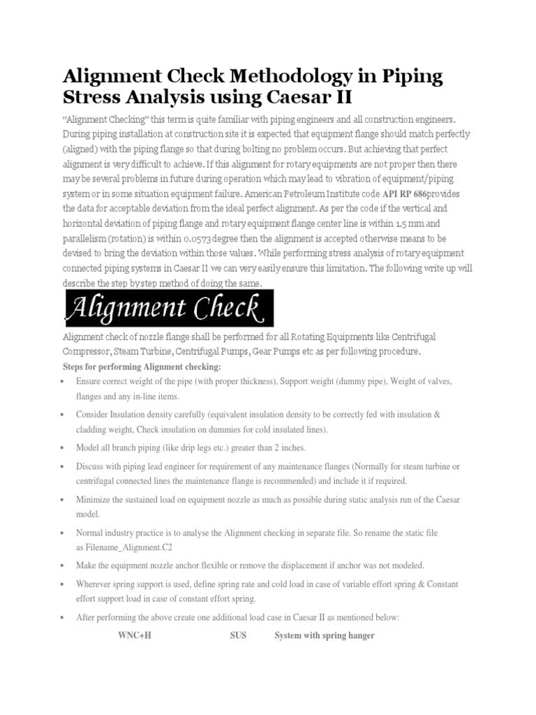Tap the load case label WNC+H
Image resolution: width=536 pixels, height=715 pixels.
134,635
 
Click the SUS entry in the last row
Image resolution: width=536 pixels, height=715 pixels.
239,635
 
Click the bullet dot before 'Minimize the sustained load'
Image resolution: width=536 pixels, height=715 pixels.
63,500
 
